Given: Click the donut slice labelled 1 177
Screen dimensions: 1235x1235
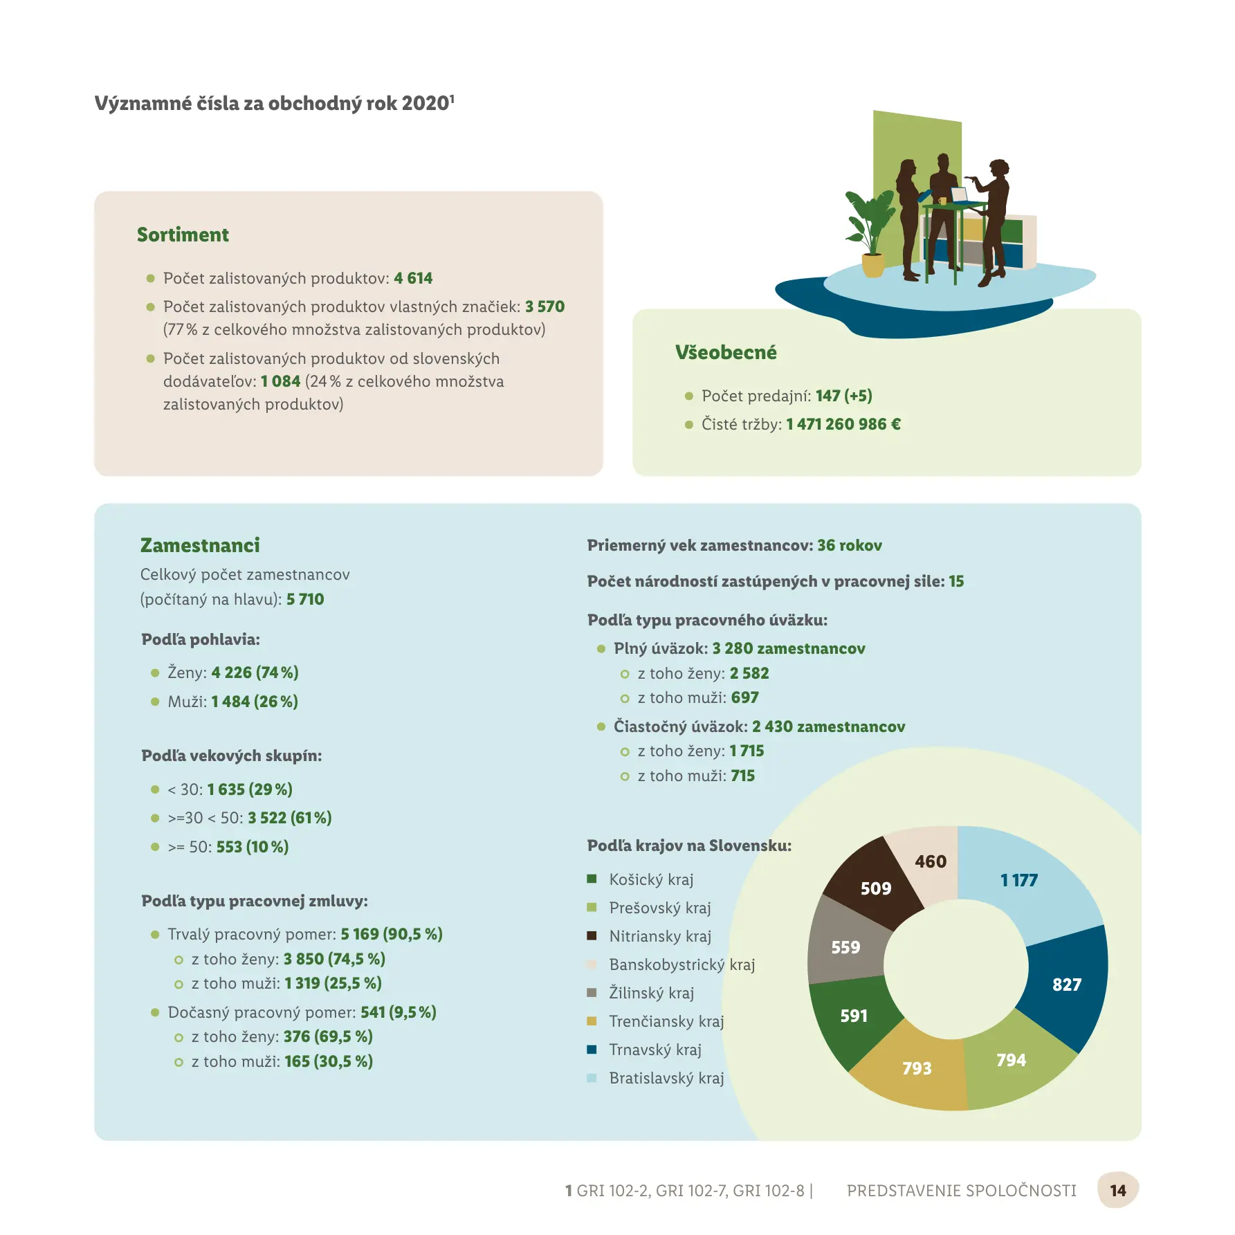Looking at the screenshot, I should coord(1024,882).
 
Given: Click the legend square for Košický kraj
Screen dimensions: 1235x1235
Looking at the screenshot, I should coord(592,879).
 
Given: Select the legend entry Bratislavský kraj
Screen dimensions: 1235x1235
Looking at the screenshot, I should coord(666,1078).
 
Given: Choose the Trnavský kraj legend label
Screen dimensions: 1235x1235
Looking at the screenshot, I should coord(655,1050).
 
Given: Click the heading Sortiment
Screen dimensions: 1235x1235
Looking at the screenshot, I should coord(183,235).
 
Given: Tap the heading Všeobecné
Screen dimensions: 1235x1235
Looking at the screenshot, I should coord(726,352).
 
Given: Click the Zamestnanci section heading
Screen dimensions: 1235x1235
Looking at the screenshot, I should coord(200,545).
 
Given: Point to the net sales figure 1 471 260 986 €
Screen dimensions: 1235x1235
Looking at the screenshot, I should coord(843,424).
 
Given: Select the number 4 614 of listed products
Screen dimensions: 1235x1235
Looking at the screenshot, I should coord(413,278).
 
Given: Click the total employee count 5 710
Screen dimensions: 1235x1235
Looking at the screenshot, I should coord(305,599).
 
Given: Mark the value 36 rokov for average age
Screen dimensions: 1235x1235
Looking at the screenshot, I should coord(850,545).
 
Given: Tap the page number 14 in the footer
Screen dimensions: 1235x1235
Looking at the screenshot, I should coord(1117,1190).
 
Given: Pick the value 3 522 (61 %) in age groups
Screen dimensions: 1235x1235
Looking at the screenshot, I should coord(290,818).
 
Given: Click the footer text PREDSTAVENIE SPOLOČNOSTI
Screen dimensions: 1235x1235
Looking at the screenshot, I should coord(961,1190).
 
